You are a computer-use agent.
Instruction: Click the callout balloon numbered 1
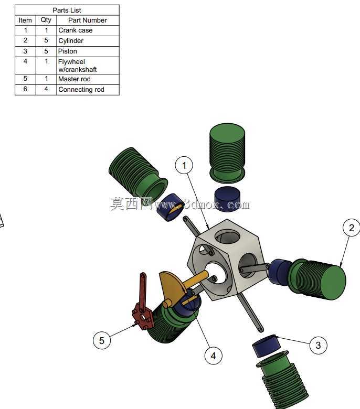click(184, 165)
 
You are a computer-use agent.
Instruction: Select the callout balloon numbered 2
click(352, 228)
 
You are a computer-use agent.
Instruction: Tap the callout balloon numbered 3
click(318, 345)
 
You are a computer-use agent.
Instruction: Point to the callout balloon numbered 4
click(213, 356)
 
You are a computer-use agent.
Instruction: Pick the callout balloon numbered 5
click(102, 340)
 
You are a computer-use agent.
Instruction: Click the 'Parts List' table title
click(67, 10)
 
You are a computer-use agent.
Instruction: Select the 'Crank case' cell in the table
click(88, 30)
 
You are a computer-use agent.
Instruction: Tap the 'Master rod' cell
click(88, 79)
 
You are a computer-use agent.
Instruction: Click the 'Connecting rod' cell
click(88, 90)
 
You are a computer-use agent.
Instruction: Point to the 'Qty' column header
click(46, 20)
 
